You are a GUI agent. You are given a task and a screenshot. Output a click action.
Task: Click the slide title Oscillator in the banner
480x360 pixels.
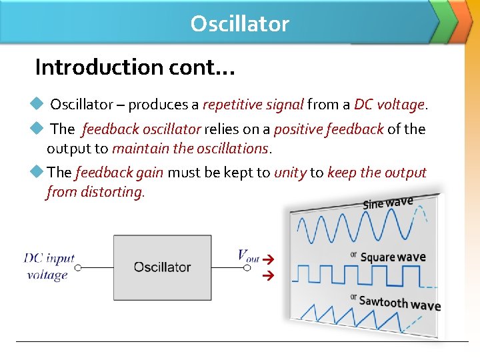click(239, 24)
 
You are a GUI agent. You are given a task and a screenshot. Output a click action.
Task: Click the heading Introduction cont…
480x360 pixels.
click(134, 67)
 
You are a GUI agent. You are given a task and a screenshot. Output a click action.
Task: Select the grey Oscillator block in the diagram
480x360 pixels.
click(162, 267)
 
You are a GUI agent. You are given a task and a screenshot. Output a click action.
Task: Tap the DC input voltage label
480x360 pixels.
click(49, 267)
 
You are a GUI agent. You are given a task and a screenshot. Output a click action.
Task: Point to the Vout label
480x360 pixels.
click(249, 255)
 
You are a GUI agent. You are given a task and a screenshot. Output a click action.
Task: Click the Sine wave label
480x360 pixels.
click(387, 203)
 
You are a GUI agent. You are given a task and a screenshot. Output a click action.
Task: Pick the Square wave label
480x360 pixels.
click(392, 257)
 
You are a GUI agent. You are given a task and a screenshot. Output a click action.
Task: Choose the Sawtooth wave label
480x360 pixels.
click(399, 303)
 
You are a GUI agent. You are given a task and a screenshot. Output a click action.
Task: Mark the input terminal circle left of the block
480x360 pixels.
click(77, 267)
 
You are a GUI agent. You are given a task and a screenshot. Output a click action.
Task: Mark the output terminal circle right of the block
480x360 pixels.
click(247, 267)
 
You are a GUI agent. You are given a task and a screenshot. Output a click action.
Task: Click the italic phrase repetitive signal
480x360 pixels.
click(253, 105)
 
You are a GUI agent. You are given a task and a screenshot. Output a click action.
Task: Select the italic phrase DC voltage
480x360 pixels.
click(389, 105)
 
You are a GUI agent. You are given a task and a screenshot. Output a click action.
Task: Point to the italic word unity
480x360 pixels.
click(290, 173)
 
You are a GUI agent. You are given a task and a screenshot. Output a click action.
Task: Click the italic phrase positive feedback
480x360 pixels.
click(328, 129)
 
